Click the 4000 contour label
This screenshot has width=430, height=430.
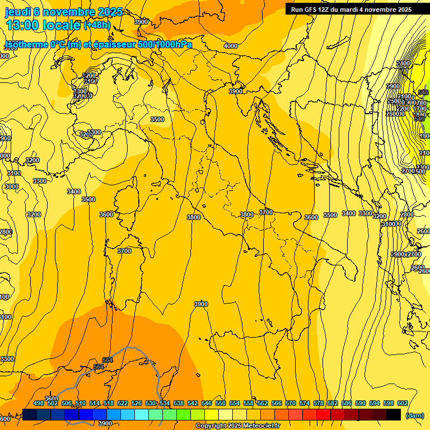(x=230, y=46)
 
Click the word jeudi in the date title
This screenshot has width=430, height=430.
(x=17, y=12)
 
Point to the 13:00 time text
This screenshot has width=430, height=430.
(x=24, y=25)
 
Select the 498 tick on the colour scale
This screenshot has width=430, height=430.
(x=39, y=403)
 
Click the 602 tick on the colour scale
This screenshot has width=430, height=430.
(x=403, y=403)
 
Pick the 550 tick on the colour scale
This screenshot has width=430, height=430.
(x=221, y=403)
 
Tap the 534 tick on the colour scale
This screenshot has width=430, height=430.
(x=165, y=403)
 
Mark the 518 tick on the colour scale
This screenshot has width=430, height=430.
(x=109, y=403)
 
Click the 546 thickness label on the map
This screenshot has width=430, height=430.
(x=423, y=92)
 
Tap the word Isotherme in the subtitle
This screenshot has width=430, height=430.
(x=25, y=45)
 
